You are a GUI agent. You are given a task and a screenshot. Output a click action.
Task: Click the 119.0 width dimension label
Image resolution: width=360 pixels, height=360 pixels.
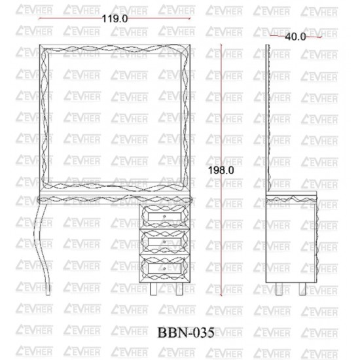(x=115, y=18)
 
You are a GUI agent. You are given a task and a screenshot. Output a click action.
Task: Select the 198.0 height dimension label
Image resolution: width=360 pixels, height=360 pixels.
(x=221, y=170)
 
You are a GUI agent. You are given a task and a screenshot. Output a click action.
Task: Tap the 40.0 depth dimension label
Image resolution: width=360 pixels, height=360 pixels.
(x=295, y=37)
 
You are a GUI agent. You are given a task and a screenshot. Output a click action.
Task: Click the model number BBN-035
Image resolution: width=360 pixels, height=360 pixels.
(x=186, y=333)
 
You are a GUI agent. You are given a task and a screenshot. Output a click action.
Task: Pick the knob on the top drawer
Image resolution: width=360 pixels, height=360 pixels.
(x=164, y=216)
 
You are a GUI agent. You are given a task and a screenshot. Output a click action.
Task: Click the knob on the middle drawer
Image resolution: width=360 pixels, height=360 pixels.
(x=164, y=242)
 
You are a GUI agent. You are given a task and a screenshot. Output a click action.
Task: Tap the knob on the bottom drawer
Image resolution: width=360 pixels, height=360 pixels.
(x=164, y=268)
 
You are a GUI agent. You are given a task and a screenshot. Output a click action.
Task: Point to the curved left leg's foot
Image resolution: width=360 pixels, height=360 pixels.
(x=48, y=290)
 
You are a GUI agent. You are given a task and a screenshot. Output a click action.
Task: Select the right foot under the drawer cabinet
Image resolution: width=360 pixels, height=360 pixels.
(x=179, y=289)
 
